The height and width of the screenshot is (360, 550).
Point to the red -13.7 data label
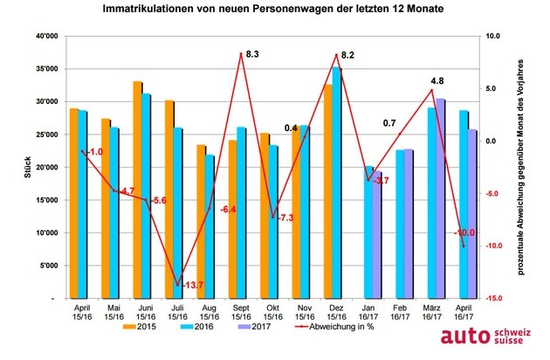tap(192, 286)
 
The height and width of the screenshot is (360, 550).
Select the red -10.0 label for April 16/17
tap(464, 232)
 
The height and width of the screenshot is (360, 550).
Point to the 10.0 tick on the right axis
tap(492, 36)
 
